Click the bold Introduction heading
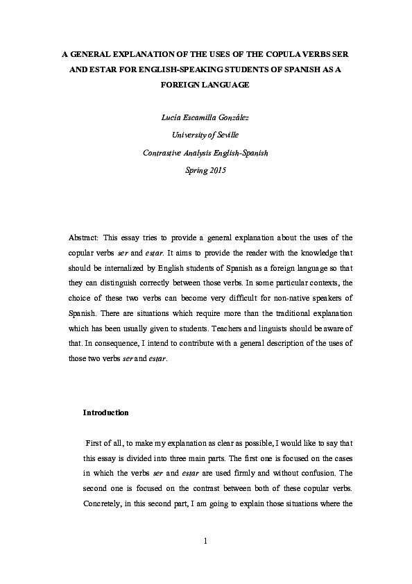point(105,412)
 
